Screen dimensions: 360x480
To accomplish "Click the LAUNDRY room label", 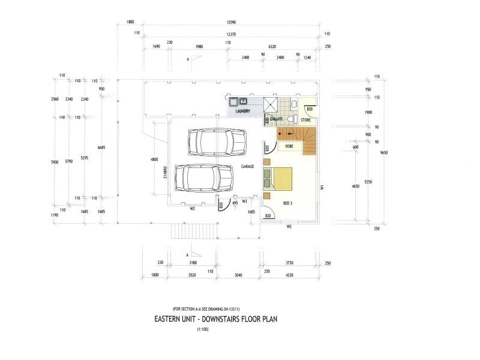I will (x=242, y=111).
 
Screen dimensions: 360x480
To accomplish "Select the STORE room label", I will (x=306, y=120).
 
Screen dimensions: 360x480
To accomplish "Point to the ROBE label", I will (x=289, y=146).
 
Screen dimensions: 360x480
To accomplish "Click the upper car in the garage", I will (x=216, y=142).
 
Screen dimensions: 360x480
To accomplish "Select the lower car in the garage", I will (x=203, y=178).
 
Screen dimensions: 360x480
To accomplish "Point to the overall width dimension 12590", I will (x=230, y=22).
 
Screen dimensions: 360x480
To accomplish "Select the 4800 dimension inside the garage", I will (x=154, y=160).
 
